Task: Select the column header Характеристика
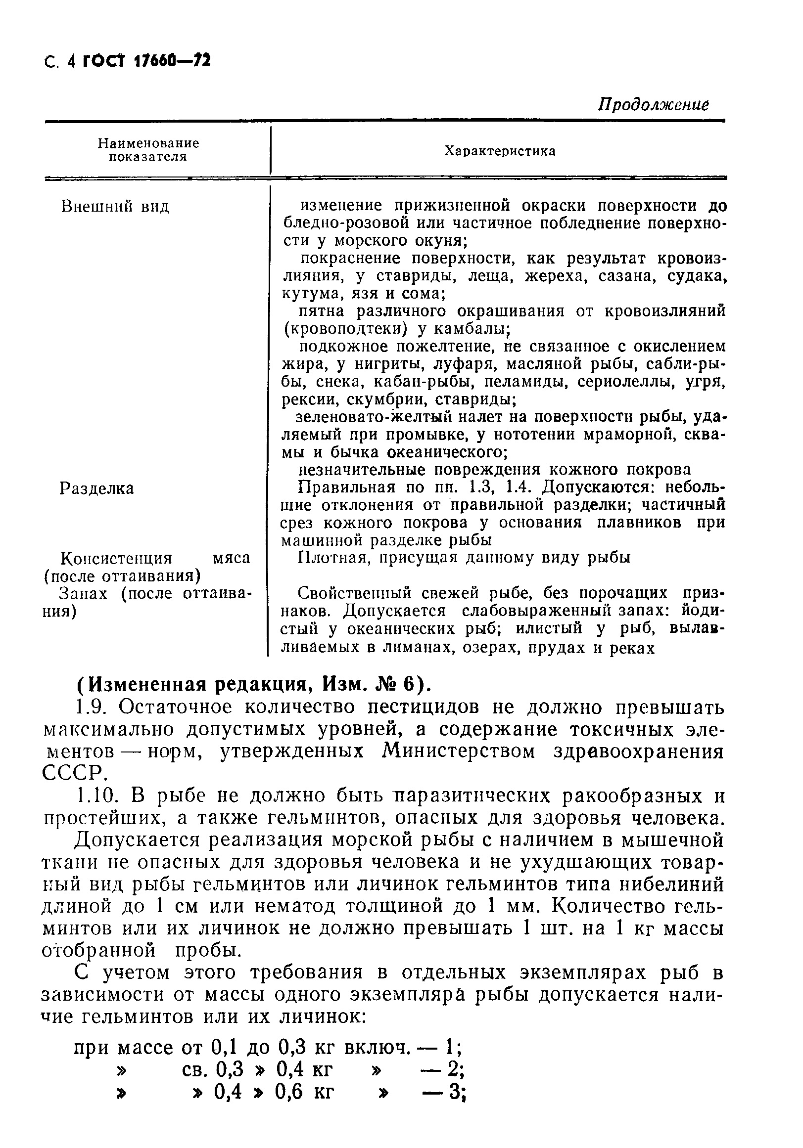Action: pos(500,151)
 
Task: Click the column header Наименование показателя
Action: pos(148,150)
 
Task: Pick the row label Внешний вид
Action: pos(115,207)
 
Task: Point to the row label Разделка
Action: pos(96,488)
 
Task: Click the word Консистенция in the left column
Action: pos(116,558)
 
